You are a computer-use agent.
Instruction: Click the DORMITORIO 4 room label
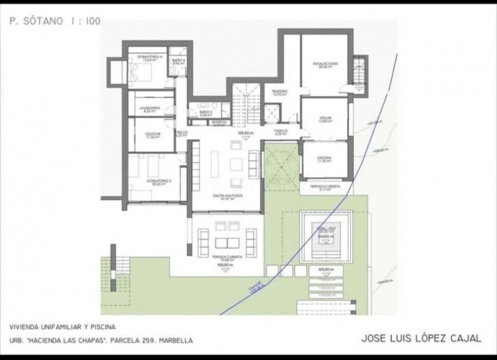pyautogui.click(x=149, y=58)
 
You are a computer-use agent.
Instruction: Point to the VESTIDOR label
pyautogui.click(x=153, y=135)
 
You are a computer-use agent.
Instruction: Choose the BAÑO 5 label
pyautogui.click(x=205, y=112)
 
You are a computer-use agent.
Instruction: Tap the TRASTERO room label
pyautogui.click(x=279, y=93)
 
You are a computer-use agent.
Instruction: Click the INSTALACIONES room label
pyautogui.click(x=326, y=65)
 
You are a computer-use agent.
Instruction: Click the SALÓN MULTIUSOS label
pyautogui.click(x=226, y=196)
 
